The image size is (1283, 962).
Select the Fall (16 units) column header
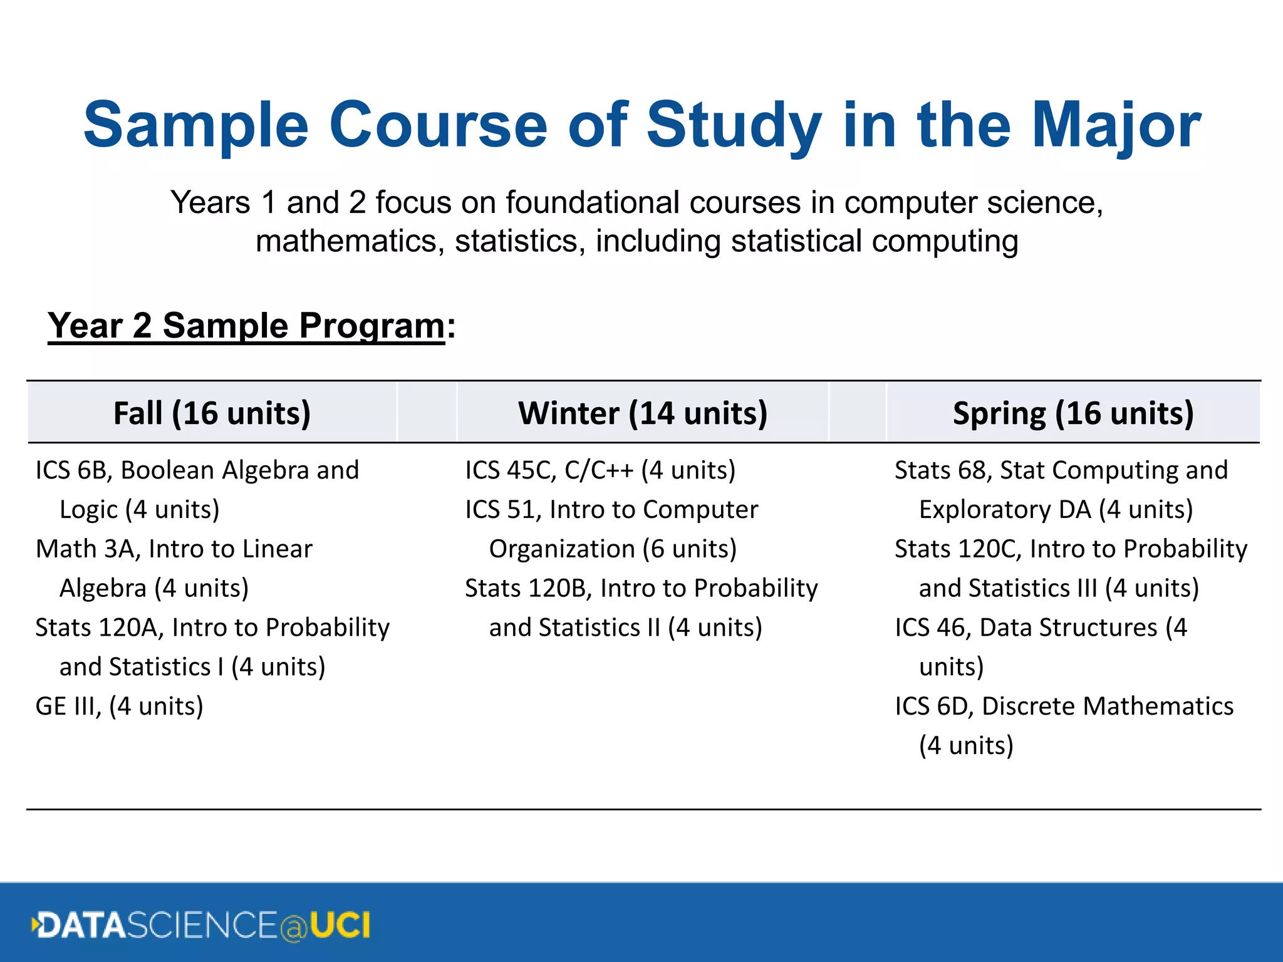[212, 413]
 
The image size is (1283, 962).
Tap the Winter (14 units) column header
[643, 413]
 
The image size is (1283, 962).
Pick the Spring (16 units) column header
[1073, 413]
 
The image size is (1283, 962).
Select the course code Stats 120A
[99, 628]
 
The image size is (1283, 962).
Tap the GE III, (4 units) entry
[119, 706]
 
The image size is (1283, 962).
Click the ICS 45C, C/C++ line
[600, 470]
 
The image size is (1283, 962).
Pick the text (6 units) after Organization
[690, 549]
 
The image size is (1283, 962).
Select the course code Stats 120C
[958, 549]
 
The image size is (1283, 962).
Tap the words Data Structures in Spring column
[1068, 628]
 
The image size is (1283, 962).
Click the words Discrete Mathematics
[1107, 706]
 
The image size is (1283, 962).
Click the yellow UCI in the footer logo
[340, 925]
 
